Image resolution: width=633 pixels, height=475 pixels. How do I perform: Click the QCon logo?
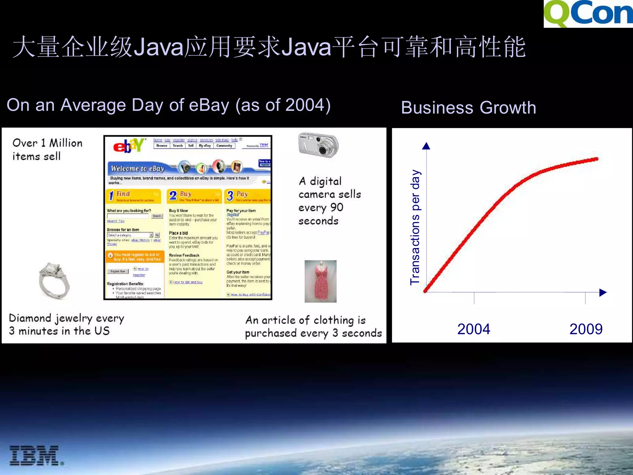click(x=588, y=14)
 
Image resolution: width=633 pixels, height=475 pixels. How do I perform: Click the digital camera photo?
click(x=318, y=145)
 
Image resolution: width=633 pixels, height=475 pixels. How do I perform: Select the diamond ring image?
click(x=54, y=280)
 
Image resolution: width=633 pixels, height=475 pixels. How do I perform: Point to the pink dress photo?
click(x=321, y=281)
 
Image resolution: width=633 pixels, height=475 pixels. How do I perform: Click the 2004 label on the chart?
click(x=474, y=329)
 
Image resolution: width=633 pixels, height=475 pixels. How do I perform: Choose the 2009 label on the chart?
click(x=586, y=329)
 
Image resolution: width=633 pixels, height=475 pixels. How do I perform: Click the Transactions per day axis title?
click(x=415, y=227)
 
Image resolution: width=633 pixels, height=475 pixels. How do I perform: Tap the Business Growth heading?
click(x=468, y=108)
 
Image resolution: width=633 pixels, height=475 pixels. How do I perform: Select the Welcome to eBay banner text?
click(x=138, y=169)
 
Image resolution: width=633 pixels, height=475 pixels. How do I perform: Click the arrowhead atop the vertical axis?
click(x=426, y=146)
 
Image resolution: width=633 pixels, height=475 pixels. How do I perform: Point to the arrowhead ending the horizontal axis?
click(x=603, y=293)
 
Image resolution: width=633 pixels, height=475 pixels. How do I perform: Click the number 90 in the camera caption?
click(x=337, y=208)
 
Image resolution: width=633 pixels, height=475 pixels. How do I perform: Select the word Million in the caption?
click(x=66, y=143)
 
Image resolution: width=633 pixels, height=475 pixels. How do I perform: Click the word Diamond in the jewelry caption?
click(x=30, y=318)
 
